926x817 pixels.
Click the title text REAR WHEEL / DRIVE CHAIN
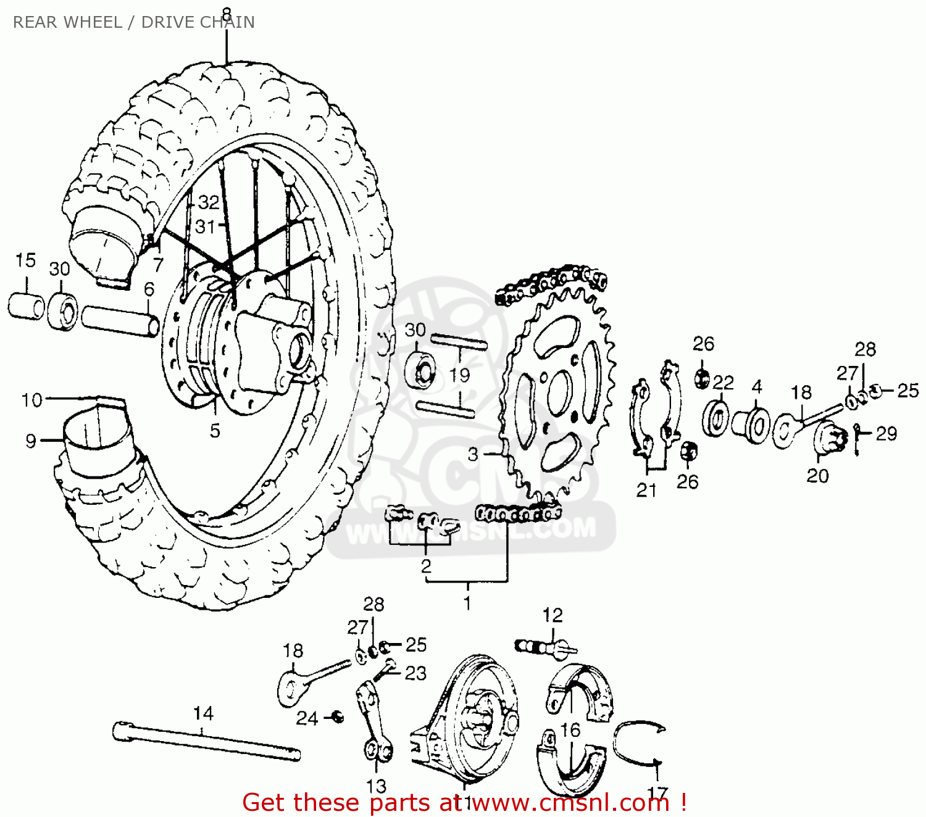[133, 22]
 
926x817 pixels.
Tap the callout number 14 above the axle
[203, 713]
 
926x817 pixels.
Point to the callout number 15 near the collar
[25, 260]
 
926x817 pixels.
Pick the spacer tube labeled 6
[120, 321]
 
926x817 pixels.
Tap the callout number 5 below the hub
[215, 431]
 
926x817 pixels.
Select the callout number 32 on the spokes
[209, 202]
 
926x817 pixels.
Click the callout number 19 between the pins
[459, 375]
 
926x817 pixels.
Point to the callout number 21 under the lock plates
[646, 490]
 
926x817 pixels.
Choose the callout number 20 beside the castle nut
[817, 475]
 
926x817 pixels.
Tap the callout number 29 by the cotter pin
[886, 433]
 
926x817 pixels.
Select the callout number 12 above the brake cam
[553, 615]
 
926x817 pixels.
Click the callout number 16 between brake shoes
[570, 730]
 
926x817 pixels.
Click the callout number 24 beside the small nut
[307, 718]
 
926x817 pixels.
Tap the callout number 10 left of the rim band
[31, 400]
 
